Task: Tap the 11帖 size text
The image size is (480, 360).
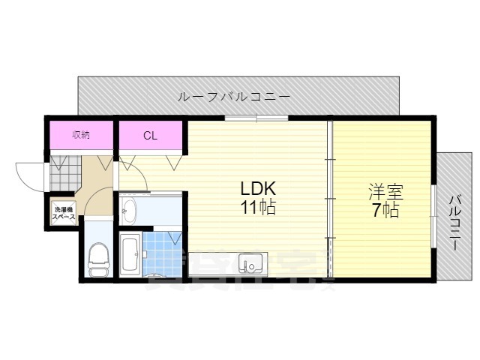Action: (257, 208)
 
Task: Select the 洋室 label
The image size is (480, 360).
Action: (382, 191)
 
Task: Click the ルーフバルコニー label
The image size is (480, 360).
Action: (233, 97)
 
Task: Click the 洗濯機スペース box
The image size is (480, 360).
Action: (64, 212)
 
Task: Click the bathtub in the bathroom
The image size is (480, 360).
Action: (129, 254)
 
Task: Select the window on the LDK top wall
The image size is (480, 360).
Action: (256, 118)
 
